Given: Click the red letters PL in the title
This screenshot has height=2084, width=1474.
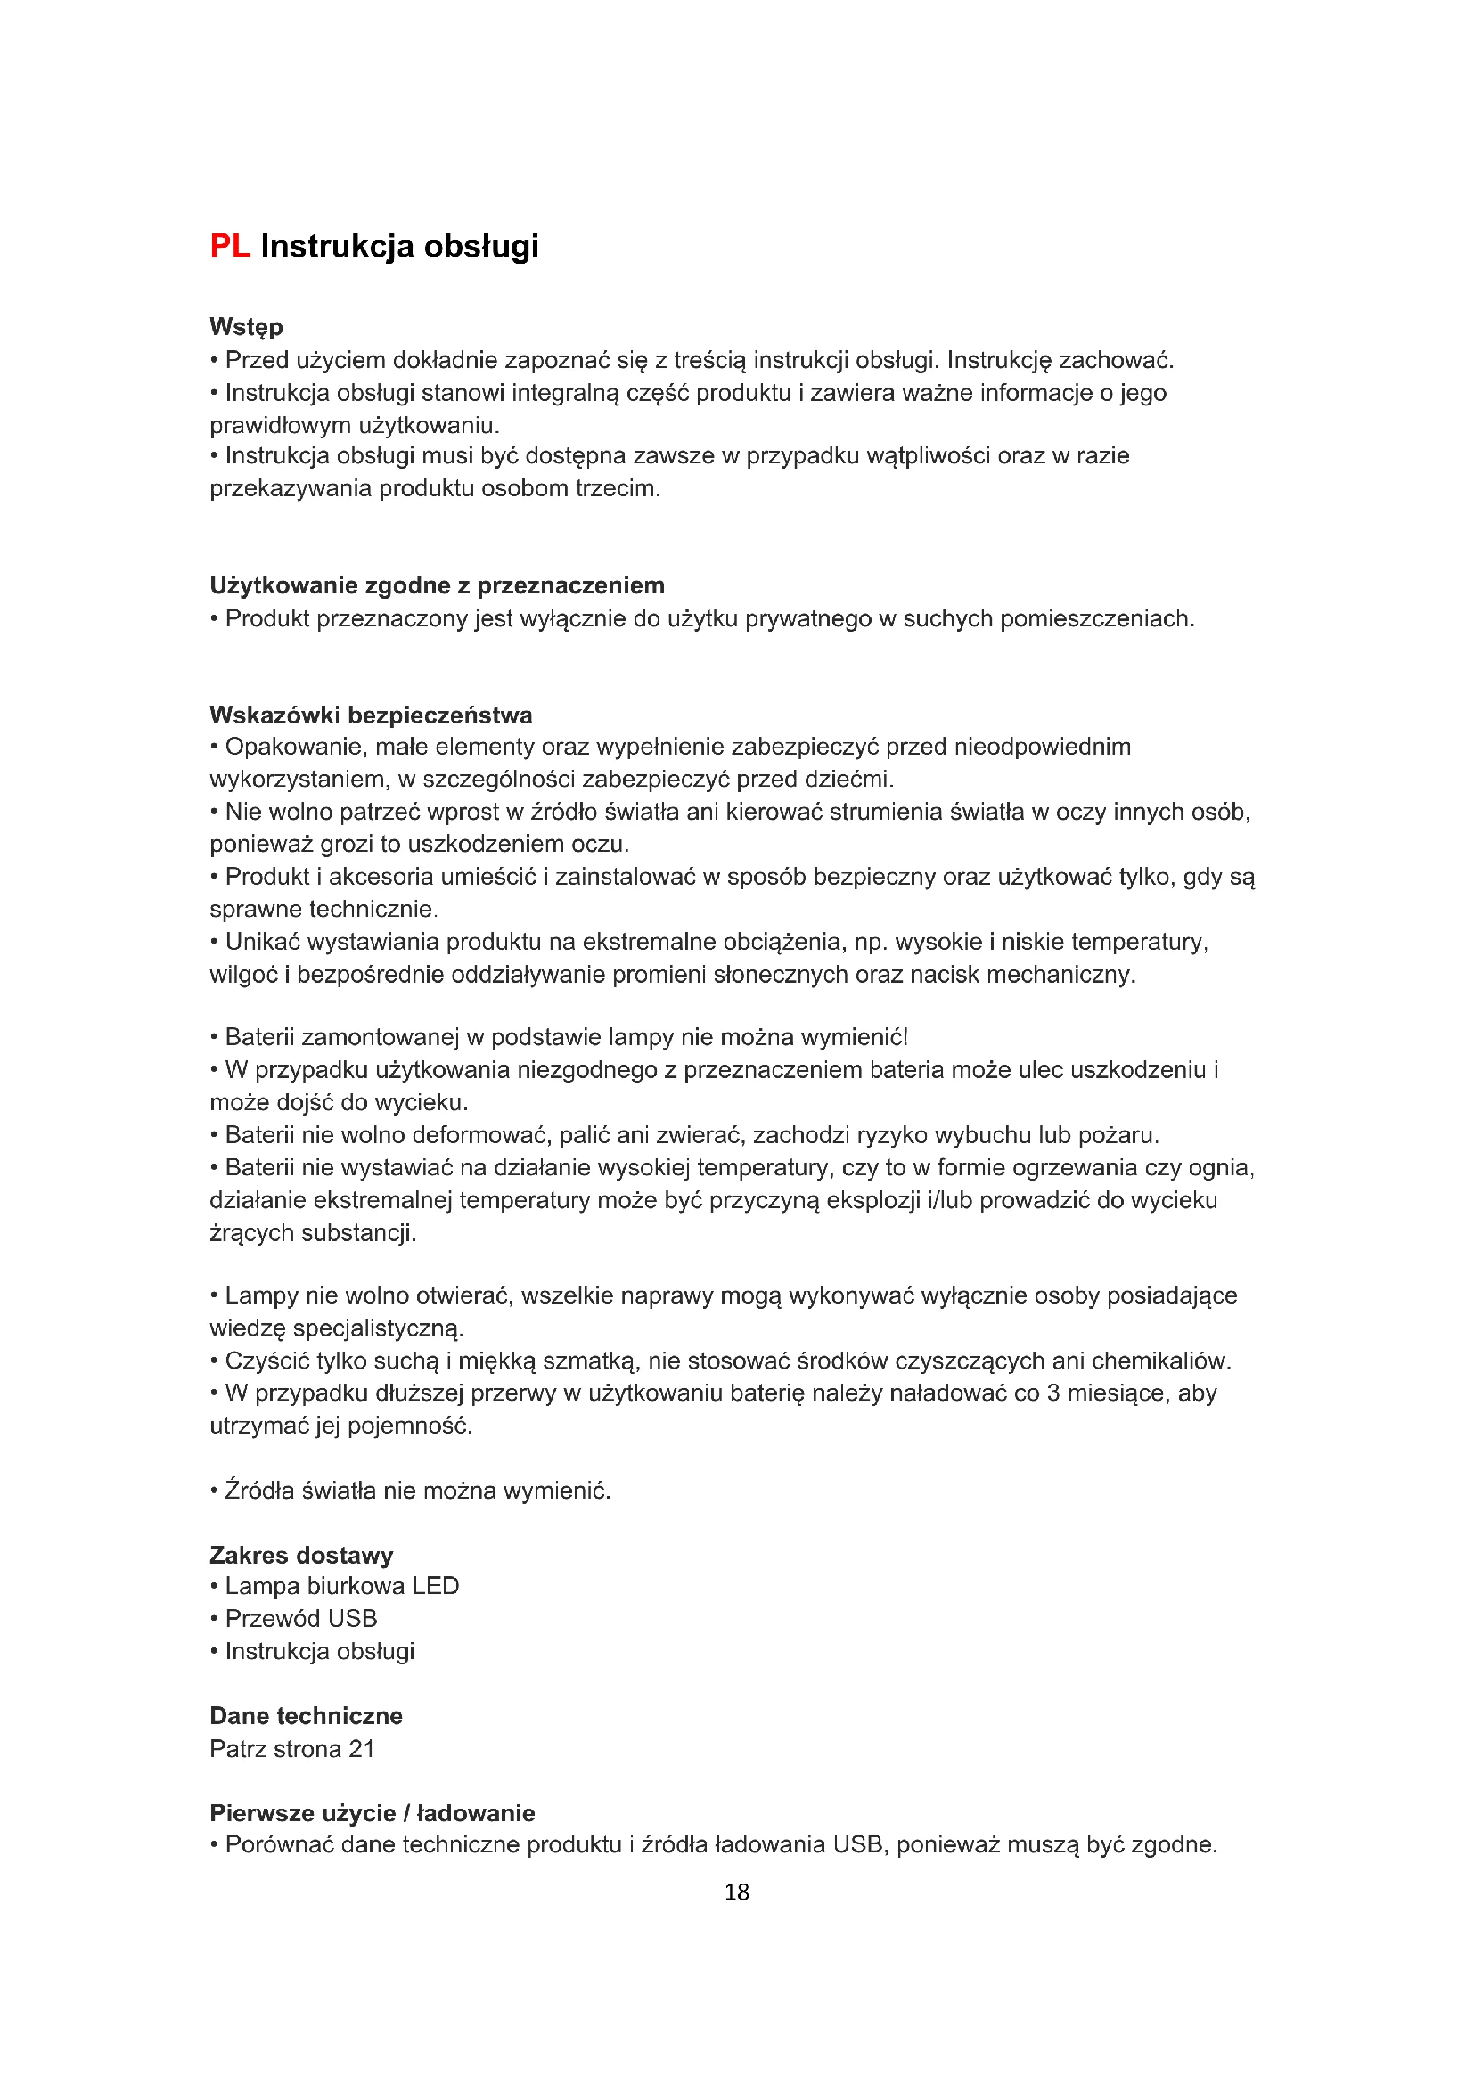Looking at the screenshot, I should (230, 246).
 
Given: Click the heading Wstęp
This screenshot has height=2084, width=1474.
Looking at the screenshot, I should (246, 327).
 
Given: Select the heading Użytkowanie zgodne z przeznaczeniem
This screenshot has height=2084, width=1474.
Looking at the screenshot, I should (437, 585).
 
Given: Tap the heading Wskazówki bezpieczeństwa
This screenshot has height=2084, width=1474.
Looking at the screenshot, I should (371, 715).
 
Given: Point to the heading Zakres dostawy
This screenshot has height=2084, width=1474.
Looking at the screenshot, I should (301, 1555).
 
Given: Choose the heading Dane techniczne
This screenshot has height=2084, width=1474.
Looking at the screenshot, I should (306, 1715).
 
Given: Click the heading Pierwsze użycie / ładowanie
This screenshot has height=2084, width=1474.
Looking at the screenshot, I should (373, 1812).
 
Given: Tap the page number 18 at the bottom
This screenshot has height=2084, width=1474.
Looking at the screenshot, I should (736, 1892).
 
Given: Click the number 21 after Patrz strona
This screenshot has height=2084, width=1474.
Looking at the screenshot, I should (361, 1748).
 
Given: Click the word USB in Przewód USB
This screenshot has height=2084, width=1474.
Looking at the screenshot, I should (354, 1618).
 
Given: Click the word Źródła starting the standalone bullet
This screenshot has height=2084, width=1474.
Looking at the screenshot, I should (259, 1491).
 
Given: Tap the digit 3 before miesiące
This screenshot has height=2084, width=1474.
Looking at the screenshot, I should (1052, 1393).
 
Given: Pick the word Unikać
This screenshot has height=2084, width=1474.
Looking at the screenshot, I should (263, 942).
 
